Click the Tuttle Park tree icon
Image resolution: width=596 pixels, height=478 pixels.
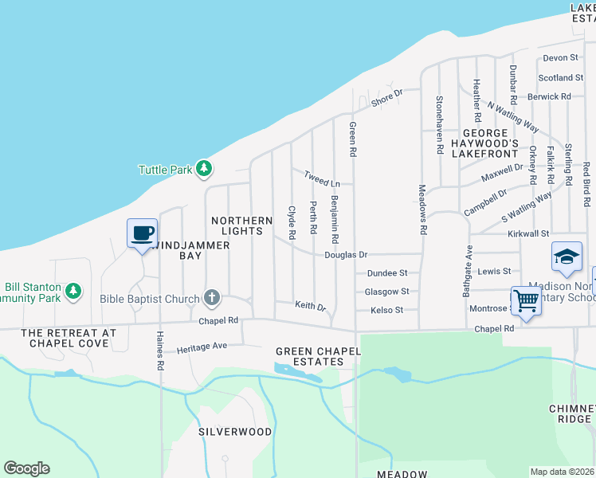click(205, 169)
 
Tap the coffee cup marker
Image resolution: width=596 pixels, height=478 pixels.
click(143, 233)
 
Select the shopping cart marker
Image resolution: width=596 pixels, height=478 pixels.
click(526, 301)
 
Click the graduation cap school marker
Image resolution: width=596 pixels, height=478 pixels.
click(567, 257)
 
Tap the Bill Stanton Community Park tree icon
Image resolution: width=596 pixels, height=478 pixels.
click(73, 291)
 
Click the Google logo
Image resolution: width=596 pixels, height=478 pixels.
click(26, 468)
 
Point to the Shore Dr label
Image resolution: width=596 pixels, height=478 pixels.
click(387, 98)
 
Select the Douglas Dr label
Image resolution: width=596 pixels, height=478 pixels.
click(345, 255)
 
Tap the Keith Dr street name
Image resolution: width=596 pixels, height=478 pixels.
click(311, 306)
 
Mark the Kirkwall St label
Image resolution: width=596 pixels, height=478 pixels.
click(529, 234)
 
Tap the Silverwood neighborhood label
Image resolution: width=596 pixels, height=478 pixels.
click(235, 432)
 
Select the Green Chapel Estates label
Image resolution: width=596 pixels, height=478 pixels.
click(309, 356)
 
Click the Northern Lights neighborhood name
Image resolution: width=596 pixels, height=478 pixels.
click(237, 225)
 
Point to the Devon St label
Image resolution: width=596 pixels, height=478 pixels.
click(560, 58)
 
